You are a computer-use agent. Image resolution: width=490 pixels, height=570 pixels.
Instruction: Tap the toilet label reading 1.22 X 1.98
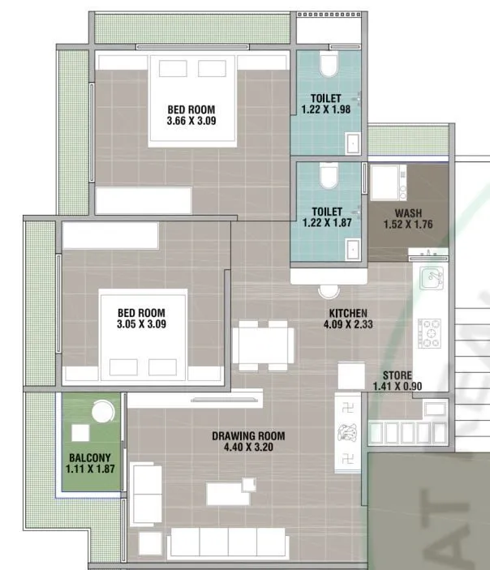(x=325, y=109)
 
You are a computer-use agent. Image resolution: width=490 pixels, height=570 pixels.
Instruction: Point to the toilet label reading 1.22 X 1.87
(x=325, y=222)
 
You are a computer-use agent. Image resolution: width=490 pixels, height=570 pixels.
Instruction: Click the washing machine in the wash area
(x=388, y=182)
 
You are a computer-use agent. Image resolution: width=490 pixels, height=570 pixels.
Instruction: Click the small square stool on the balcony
(x=81, y=432)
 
